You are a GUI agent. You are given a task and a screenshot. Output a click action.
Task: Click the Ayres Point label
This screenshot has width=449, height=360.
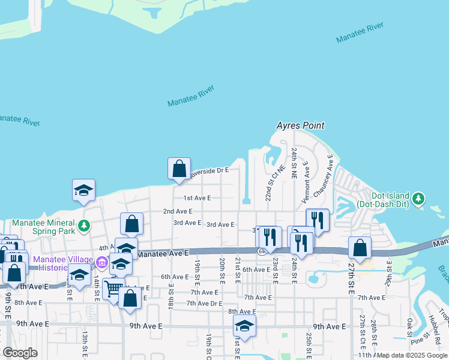(300, 126)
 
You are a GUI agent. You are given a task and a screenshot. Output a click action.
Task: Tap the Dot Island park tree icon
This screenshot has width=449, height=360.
(419, 197)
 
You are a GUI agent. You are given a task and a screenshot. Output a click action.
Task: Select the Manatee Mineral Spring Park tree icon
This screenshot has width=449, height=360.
(85, 226)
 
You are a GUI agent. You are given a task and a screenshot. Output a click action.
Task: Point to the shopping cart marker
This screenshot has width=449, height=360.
(112, 289)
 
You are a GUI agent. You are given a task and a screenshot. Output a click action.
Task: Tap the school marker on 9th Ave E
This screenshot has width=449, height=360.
(244, 326)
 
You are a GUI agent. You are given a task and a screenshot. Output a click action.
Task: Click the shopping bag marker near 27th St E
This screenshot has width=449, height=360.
(360, 248)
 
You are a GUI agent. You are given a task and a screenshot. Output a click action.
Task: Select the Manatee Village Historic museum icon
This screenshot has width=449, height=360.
(101, 262)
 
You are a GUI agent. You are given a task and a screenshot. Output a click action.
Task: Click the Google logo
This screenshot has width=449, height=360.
(20, 353)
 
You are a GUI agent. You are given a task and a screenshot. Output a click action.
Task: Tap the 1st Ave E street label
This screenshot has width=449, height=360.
(197, 198)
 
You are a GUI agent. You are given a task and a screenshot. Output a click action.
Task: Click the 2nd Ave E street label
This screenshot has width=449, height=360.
(178, 211)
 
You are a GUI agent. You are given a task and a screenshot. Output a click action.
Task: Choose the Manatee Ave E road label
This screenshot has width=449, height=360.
(163, 254)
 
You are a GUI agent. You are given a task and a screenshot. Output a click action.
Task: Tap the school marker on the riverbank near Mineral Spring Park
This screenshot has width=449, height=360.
(83, 190)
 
